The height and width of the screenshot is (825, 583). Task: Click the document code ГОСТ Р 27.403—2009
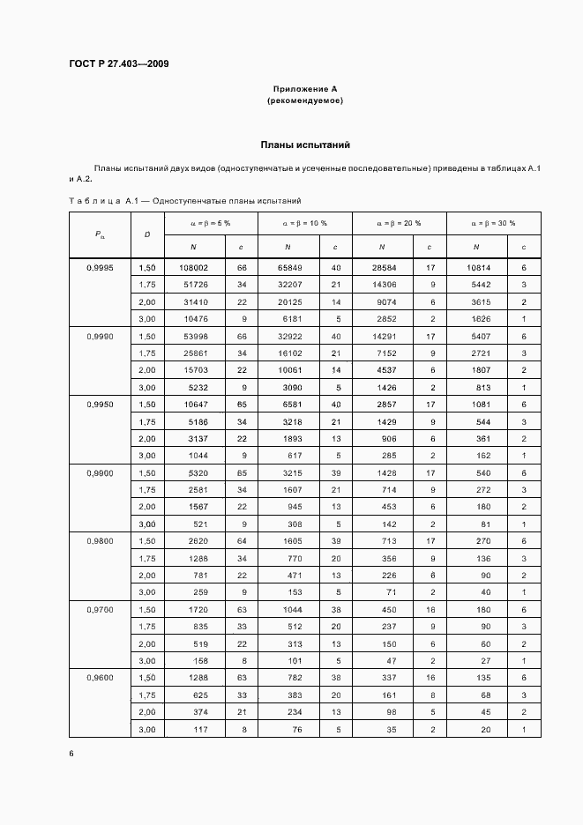coord(118,63)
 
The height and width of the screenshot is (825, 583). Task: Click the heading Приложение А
coord(304,89)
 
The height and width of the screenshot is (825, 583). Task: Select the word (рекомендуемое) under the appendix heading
coord(304,100)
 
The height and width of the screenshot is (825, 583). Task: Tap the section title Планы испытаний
coord(305,144)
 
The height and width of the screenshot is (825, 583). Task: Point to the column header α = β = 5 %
coord(210,223)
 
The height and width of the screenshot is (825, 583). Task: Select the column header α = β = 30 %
coord(493,223)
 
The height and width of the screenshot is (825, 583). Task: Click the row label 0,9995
coord(100,267)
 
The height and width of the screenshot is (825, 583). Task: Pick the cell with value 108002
coord(193,267)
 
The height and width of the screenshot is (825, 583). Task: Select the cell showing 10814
coord(478,267)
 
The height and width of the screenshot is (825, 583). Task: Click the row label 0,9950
coord(100,405)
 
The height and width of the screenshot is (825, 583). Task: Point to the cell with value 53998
coord(193,336)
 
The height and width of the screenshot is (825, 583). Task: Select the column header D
coord(146,234)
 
